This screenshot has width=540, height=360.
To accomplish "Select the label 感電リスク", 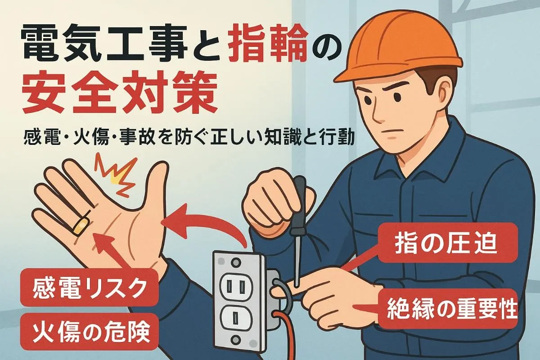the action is pyautogui.click(x=89, y=288).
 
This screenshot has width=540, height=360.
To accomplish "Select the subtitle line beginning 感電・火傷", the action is pyautogui.click(x=189, y=138).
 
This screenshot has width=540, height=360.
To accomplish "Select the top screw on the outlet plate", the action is pyautogui.click(x=236, y=262).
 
